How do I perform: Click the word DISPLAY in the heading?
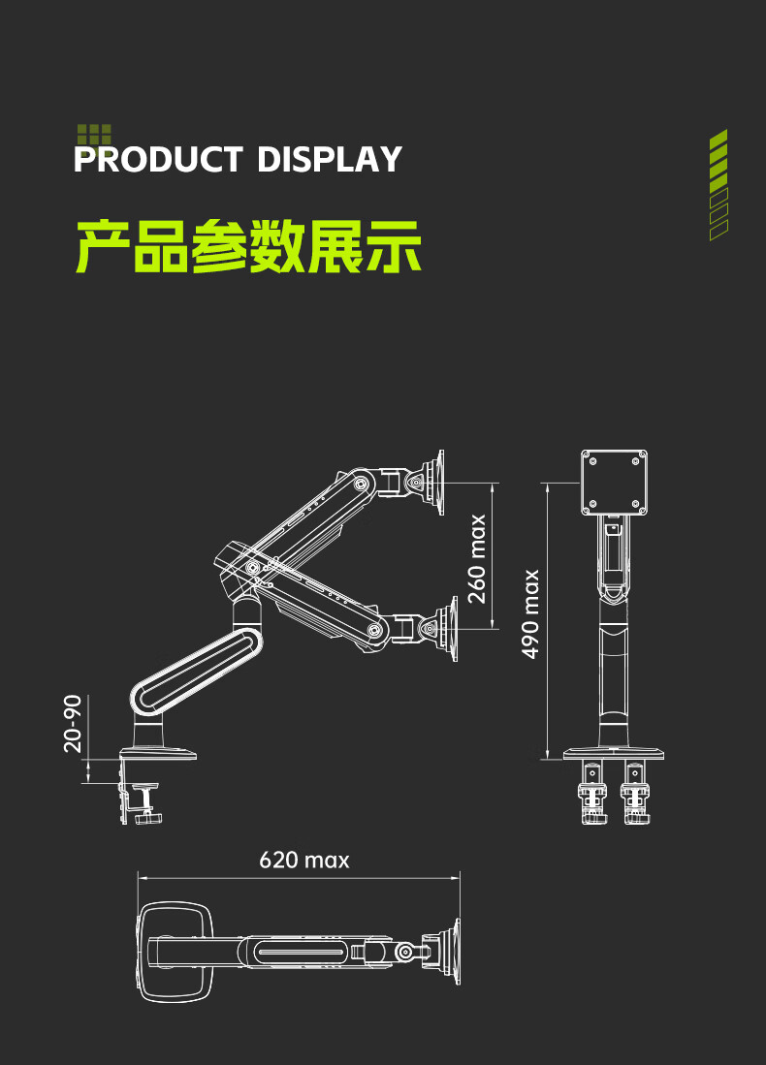click(x=330, y=159)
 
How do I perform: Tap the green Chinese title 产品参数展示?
click(x=248, y=247)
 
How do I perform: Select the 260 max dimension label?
click(x=477, y=558)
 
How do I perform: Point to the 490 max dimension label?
click(x=530, y=613)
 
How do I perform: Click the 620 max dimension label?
click(x=303, y=860)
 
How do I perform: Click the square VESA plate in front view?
click(x=614, y=482)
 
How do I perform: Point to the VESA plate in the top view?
click(x=452, y=953)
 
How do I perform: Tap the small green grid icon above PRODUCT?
click(x=94, y=134)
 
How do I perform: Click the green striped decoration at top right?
click(x=718, y=184)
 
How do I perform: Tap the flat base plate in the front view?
click(x=614, y=753)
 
